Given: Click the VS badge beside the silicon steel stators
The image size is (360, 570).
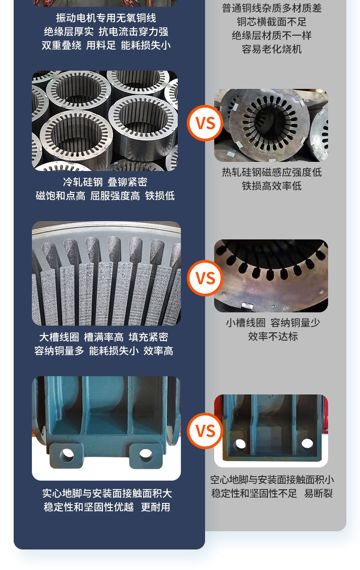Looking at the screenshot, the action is (205, 123).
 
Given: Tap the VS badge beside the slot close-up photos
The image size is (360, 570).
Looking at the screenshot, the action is (205, 278).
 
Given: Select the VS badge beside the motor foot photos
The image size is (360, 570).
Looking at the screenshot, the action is (205, 431).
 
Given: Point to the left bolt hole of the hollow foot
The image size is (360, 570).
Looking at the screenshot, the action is (240, 444).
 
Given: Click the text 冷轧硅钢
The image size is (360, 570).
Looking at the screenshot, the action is (83, 182).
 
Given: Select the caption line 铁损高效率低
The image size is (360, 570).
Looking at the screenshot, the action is (272, 186).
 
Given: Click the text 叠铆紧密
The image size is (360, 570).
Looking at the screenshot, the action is (128, 182).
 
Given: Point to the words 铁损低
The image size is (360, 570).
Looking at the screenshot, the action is (160, 196).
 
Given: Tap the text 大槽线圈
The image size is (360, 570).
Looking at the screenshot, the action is (59, 337).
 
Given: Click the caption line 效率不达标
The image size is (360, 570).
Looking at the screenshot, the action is (273, 337).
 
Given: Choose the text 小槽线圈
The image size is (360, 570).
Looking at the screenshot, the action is (246, 323).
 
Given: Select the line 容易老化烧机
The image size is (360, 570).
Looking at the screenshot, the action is (272, 49).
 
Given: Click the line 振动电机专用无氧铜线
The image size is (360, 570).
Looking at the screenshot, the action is (106, 18).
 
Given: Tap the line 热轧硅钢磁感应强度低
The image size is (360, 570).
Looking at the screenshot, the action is (272, 172).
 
